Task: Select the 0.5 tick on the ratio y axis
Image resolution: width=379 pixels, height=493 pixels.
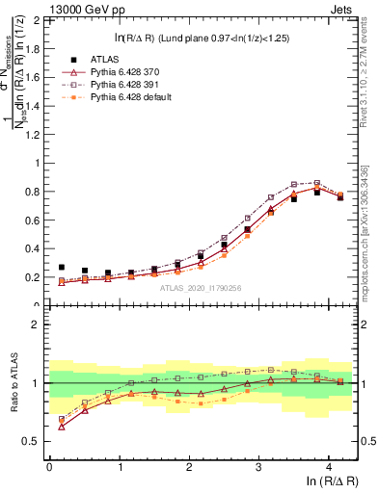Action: [x=33, y=441]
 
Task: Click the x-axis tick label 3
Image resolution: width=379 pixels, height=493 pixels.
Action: [x=258, y=465]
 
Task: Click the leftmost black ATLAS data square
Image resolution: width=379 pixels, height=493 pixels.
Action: [x=62, y=268]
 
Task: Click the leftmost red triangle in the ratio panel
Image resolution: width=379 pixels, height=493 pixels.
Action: [x=62, y=426]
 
